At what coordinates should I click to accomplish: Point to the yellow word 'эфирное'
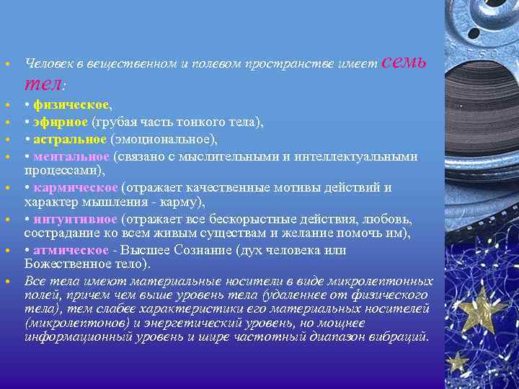[x=61, y=122]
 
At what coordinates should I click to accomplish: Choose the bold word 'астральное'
[x=71, y=138]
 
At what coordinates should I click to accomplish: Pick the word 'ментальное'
[x=71, y=156]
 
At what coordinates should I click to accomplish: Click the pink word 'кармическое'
[x=75, y=187]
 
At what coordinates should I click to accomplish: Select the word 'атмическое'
[x=71, y=250]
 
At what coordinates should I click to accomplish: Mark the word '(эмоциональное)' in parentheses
[x=164, y=138]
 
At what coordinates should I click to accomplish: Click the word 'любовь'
[x=391, y=219]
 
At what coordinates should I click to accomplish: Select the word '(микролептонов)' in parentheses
[x=71, y=323]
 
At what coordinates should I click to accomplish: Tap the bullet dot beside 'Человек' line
[x=6, y=64]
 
